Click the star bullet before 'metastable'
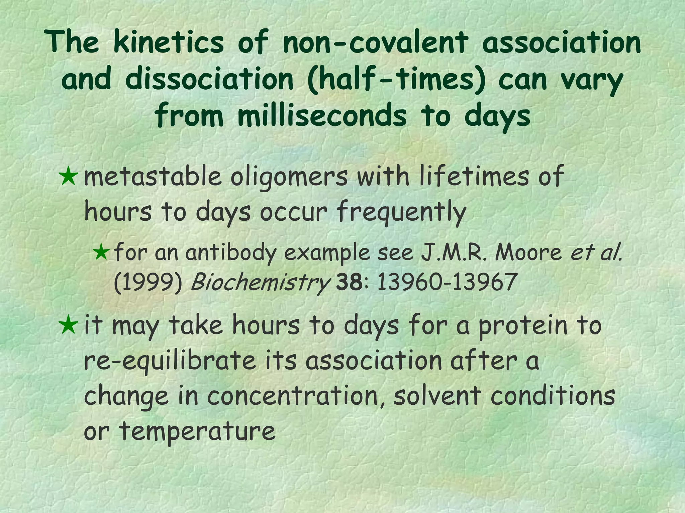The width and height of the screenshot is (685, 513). pyautogui.click(x=69, y=177)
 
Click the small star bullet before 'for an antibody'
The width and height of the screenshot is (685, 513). pyautogui.click(x=101, y=252)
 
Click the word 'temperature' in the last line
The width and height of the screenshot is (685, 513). pyautogui.click(x=197, y=432)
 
